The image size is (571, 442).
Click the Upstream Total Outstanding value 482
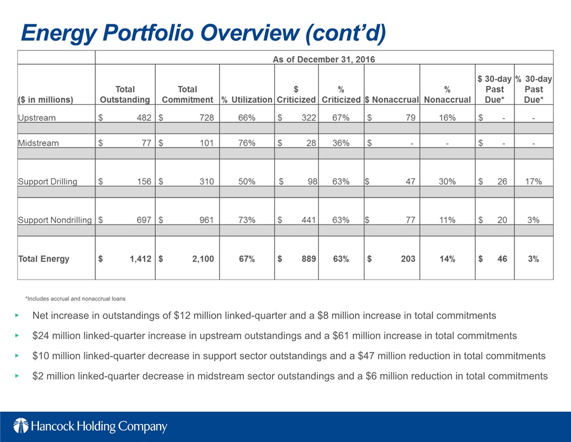[x=144, y=118]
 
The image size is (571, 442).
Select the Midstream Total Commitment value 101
[x=207, y=143]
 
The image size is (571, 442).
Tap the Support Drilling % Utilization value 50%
[x=247, y=181]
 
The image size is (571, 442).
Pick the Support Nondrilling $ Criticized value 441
[x=308, y=220]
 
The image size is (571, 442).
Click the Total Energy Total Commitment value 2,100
[x=203, y=258]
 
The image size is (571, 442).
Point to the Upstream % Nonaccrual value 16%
[x=447, y=118]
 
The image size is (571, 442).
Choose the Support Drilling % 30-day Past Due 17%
[x=534, y=181]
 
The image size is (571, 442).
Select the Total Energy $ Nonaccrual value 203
[x=408, y=258]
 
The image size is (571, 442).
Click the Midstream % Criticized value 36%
[x=341, y=143]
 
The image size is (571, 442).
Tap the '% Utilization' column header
[x=247, y=100]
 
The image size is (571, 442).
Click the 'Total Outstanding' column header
[x=125, y=94]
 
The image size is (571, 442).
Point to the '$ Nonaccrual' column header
[x=392, y=100]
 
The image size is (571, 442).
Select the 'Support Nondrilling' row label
[x=55, y=220]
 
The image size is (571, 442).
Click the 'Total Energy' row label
[x=44, y=258]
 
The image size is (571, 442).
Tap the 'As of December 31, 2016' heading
[x=324, y=60]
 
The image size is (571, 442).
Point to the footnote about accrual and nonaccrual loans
[x=75, y=298]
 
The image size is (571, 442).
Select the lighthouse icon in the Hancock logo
[x=21, y=426]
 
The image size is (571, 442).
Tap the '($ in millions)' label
[x=45, y=100]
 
